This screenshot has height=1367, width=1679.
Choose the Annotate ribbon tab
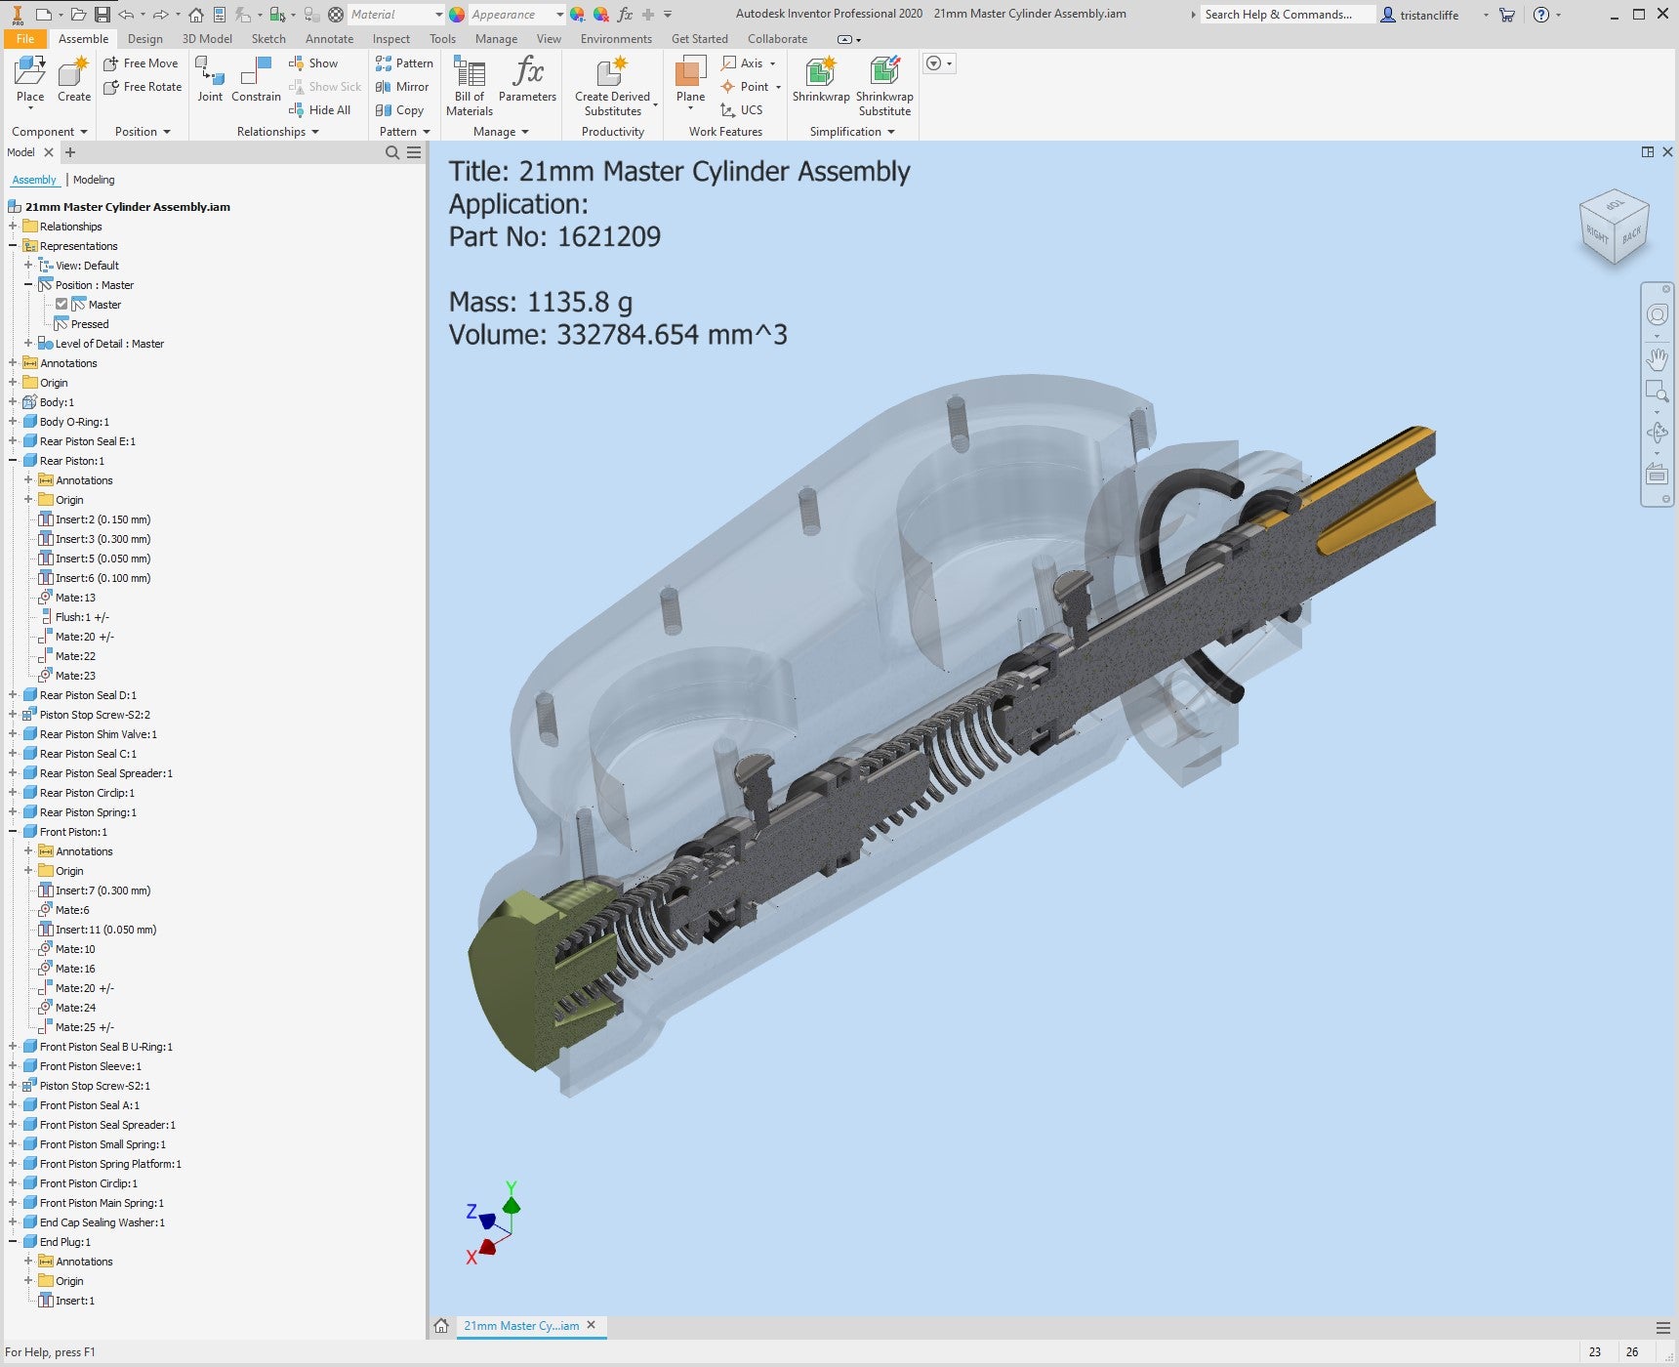coord(329,39)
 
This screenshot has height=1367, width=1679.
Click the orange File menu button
coord(25,39)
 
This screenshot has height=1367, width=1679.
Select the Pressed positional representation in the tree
coord(90,324)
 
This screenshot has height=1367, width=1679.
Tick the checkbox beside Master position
coord(61,305)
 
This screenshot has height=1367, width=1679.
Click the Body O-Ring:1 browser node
coord(74,422)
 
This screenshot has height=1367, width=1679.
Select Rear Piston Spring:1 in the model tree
coord(88,812)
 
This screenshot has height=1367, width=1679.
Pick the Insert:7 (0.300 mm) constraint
coord(102,891)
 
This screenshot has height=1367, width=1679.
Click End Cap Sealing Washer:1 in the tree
coord(102,1222)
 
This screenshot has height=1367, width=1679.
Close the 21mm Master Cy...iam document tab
coord(591,1325)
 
